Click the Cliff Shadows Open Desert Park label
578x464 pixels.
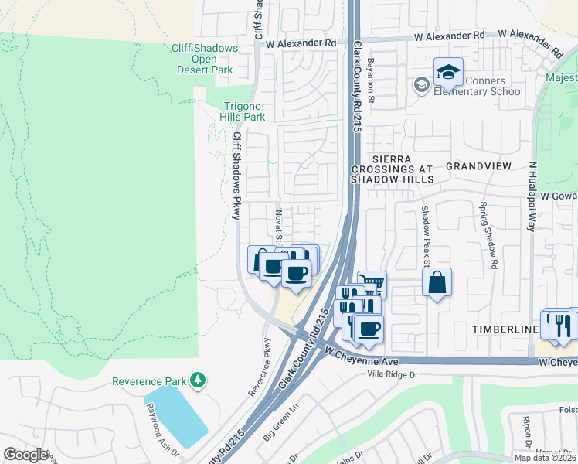(204, 59)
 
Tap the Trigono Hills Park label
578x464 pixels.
(244, 111)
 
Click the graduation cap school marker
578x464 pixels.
(447, 73)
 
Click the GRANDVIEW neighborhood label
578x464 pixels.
(479, 166)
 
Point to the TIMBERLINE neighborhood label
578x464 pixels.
(505, 329)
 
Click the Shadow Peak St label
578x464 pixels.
(424, 232)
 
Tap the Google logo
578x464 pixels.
(25, 455)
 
